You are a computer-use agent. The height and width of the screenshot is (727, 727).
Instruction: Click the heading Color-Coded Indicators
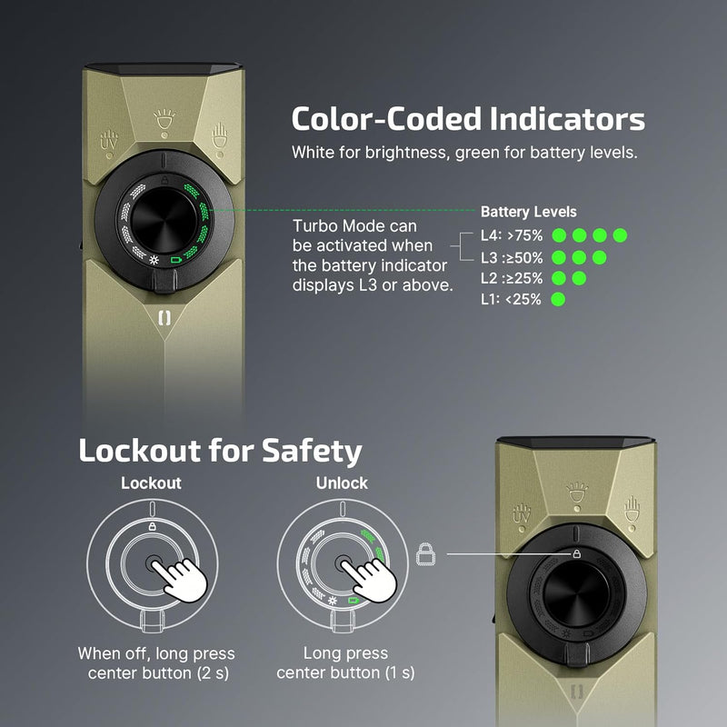(468, 120)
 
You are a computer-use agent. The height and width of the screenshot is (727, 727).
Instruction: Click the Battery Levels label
(528, 212)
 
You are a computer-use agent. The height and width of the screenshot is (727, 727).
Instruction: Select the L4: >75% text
(510, 235)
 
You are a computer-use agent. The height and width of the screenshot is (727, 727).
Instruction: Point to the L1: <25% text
(510, 299)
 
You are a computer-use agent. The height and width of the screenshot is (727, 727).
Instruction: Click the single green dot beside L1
(558, 299)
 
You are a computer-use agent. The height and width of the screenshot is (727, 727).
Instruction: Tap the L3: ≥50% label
(510, 257)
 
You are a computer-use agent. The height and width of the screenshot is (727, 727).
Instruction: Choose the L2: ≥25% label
(510, 278)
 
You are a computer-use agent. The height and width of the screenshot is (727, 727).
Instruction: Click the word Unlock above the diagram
(342, 483)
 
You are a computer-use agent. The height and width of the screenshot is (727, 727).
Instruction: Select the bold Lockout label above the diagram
(151, 483)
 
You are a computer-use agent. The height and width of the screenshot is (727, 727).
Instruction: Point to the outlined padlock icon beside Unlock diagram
(423, 553)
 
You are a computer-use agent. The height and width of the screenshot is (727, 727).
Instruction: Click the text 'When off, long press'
(155, 653)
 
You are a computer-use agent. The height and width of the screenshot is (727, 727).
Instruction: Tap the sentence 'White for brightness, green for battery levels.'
(464, 153)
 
